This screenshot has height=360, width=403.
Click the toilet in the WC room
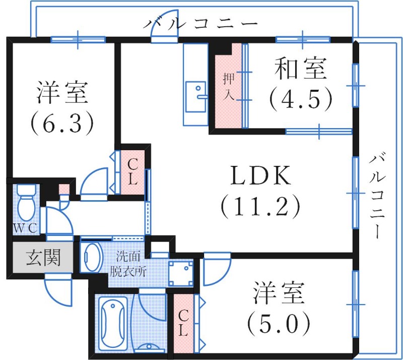(x=26, y=202)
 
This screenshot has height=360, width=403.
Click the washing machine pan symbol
(x=180, y=272)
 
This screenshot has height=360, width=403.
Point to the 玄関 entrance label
(x=43, y=259)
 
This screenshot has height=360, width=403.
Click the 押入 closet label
(x=229, y=86)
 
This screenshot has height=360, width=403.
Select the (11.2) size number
(x=260, y=206)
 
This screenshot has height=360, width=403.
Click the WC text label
(x=25, y=228)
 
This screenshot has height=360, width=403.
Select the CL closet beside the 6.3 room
(x=132, y=171)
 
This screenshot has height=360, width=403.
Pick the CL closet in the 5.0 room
(x=184, y=323)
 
